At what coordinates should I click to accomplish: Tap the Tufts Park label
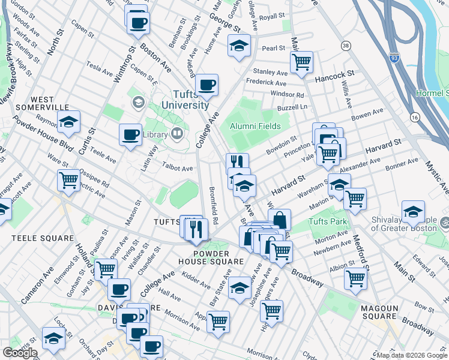pyautogui.click(x=328, y=222)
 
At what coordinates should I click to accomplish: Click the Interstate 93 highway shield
pyautogui.click(x=394, y=58)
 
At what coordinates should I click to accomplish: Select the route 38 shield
pyautogui.click(x=345, y=46)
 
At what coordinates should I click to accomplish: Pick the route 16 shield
pyautogui.click(x=415, y=118)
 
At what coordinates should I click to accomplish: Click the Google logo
pyautogui.click(x=20, y=353)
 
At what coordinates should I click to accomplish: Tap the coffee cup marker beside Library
pyautogui.click(x=130, y=135)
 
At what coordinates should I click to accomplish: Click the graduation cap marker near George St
pyautogui.click(x=239, y=46)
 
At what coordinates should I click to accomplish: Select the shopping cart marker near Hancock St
pyautogui.click(x=301, y=61)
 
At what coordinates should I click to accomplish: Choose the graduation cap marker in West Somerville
pyautogui.click(x=69, y=122)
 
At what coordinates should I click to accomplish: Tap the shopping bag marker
pyautogui.click(x=280, y=220)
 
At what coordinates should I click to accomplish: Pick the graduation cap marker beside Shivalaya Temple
pyautogui.click(x=414, y=212)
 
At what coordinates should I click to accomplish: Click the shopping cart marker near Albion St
pyautogui.click(x=355, y=278)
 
